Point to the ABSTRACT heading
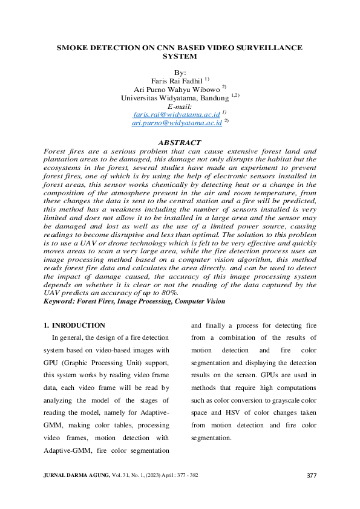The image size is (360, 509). click(x=179, y=143)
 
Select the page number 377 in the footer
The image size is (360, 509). click(x=312, y=476)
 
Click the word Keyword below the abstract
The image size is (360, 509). click(x=59, y=301)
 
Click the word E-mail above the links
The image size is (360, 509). click(x=179, y=106)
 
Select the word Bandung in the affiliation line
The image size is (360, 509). click(x=214, y=97)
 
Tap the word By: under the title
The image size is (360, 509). click(x=180, y=73)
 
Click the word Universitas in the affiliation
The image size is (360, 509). click(x=142, y=97)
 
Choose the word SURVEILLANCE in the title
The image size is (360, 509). click(x=266, y=47)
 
